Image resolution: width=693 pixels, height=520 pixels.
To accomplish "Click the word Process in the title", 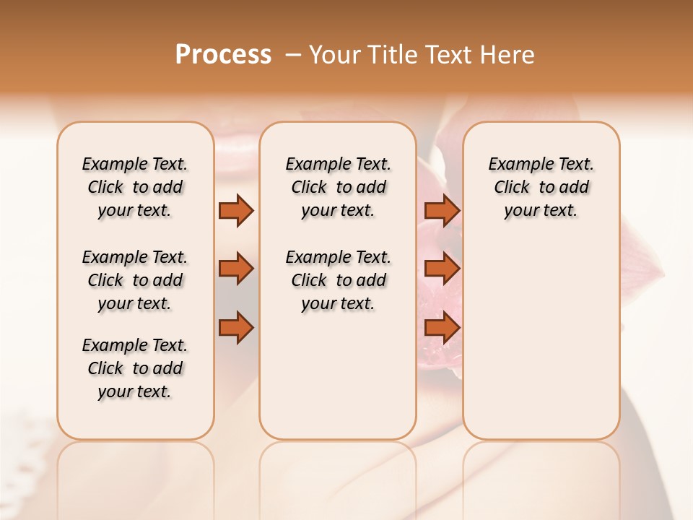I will click(223, 54).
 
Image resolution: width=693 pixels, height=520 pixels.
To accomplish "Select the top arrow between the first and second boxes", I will click(236, 210).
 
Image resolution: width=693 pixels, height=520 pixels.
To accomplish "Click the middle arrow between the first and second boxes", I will click(236, 269).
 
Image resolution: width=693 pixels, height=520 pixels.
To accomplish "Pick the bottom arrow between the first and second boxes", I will click(236, 328).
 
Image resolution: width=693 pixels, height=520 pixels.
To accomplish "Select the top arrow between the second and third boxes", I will click(442, 210).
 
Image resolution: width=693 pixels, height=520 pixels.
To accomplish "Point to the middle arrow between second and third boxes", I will click(442, 269).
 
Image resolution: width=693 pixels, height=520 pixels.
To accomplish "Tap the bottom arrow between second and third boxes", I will click(442, 328).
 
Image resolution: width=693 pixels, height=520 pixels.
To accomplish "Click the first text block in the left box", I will click(135, 187).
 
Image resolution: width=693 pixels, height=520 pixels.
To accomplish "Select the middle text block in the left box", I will click(135, 280).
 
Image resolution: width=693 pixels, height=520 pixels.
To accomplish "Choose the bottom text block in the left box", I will click(135, 368).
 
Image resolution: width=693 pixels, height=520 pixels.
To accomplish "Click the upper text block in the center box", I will click(338, 187).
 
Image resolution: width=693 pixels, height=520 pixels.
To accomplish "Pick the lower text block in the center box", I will click(338, 280).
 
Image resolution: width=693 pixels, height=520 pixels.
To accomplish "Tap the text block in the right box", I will click(541, 187).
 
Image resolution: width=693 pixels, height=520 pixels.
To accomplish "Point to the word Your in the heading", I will click(334, 54).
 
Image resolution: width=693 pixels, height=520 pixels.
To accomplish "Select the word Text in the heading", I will click(449, 54).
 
